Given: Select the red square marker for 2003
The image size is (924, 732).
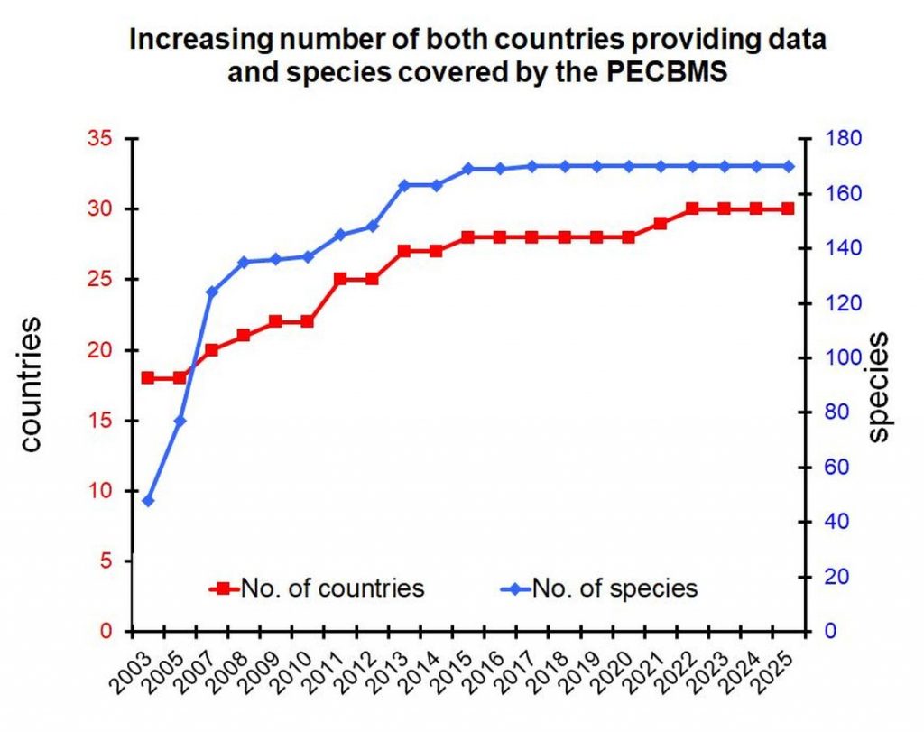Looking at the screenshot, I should [x=148, y=377].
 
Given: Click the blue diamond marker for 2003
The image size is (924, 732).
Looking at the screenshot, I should [x=148, y=501].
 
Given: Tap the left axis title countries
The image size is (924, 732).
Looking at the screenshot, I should [x=32, y=384].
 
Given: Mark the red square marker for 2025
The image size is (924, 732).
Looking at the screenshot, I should [x=788, y=208].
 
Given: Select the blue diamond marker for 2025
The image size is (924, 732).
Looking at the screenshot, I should [x=788, y=166].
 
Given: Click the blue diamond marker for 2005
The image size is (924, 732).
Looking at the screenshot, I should [x=180, y=421].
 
